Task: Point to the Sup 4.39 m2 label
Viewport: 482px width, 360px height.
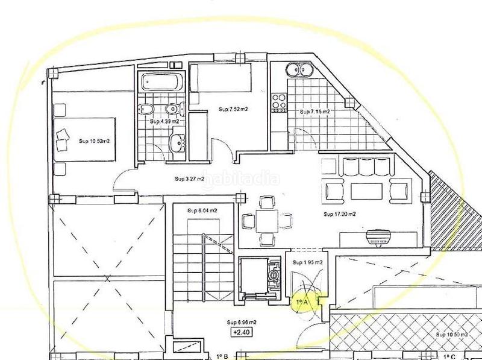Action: click(x=164, y=121)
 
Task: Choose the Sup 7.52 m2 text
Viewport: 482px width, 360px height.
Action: click(x=231, y=109)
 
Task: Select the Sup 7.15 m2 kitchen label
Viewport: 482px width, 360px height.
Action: click(x=314, y=112)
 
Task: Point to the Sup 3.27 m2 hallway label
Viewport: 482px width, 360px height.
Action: click(x=189, y=178)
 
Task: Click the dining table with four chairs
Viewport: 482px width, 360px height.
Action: click(x=266, y=221)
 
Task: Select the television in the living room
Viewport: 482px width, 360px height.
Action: click(x=380, y=238)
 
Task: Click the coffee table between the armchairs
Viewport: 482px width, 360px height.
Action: click(x=367, y=191)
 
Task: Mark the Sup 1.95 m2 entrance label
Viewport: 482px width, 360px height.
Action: click(x=305, y=262)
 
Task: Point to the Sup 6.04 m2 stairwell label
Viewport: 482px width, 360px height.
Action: click(x=201, y=210)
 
